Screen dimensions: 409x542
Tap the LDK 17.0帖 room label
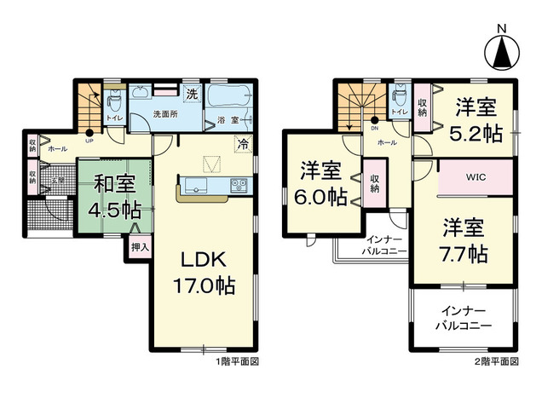(204, 271)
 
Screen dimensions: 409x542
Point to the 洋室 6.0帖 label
(321, 183)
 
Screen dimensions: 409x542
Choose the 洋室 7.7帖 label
(464, 240)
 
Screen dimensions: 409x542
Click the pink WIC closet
(476, 178)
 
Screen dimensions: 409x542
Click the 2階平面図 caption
(498, 362)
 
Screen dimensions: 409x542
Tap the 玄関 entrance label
(56, 180)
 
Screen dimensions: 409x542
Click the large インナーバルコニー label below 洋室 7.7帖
(463, 319)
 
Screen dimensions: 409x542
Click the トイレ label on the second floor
(398, 112)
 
